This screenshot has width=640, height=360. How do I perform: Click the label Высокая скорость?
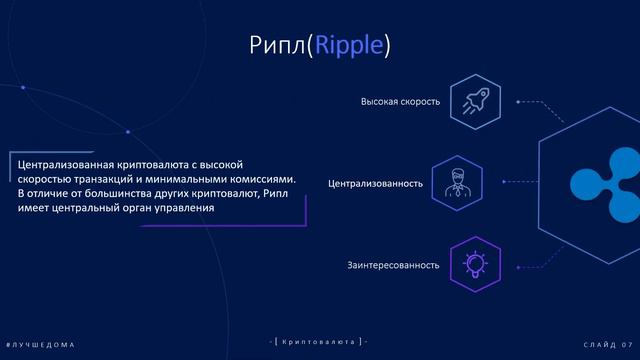pos(400,102)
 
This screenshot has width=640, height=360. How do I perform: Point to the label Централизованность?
pos(375,184)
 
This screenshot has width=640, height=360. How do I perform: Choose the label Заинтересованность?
pos(393,265)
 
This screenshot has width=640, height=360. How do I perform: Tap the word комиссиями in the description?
pos(258,177)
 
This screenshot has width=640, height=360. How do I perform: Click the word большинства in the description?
pos(111,192)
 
